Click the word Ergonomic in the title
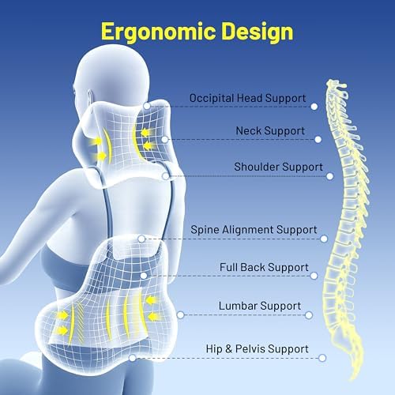point(158,32)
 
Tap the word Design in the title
point(258,32)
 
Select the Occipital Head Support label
point(247,98)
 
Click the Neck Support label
point(270,131)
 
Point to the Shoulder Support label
point(278,167)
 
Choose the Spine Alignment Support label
point(254,230)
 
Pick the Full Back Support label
point(264,267)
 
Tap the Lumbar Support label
point(260,306)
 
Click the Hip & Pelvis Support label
point(257,349)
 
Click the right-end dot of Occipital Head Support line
point(314,107)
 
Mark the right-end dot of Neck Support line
point(318,139)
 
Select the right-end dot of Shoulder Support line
point(329,176)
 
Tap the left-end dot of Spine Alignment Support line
point(141,239)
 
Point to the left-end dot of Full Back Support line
point(144,276)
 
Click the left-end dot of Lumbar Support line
point(181,314)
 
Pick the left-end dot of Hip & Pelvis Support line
point(133,358)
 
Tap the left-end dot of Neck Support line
point(164,139)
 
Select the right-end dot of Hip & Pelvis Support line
point(322,358)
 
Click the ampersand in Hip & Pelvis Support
point(228,349)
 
